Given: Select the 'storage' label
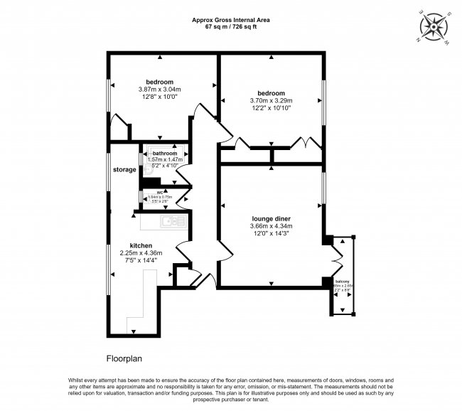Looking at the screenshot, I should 124,170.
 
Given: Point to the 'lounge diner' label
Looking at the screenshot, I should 271,218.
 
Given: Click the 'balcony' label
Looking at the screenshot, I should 343,281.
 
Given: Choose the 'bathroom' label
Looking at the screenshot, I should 164,154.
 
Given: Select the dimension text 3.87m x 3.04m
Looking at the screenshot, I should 159,90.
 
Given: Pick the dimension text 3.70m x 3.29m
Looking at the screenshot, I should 271,101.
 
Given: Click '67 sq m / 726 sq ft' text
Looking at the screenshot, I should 231,26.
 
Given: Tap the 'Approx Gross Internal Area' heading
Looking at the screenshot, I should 231,19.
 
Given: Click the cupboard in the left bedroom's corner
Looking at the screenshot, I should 120,132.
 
